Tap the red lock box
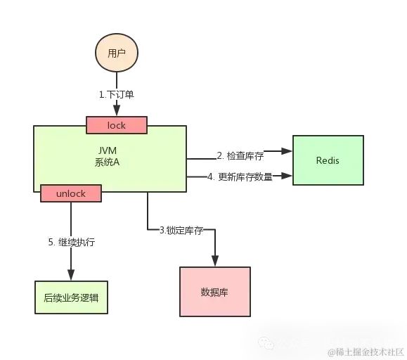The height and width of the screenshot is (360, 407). (116, 125)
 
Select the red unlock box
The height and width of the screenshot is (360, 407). (71, 192)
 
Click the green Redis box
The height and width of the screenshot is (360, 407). (328, 160)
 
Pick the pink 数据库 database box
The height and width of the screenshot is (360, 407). (215, 291)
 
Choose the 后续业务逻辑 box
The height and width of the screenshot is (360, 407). (71, 297)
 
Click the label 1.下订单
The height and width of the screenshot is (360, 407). (117, 94)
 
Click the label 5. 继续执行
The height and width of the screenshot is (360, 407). (71, 243)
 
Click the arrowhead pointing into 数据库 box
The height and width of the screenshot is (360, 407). (215, 262)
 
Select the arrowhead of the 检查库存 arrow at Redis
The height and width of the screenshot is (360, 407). (287, 150)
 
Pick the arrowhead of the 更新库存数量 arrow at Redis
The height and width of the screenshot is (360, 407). (287, 175)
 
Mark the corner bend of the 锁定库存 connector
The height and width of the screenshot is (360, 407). (148, 229)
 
